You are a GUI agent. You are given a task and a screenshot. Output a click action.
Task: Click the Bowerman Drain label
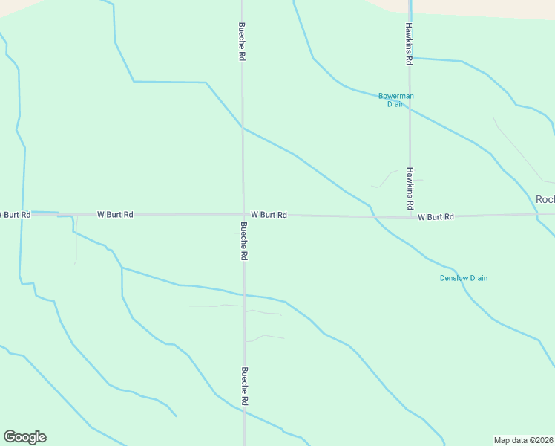tap(395, 100)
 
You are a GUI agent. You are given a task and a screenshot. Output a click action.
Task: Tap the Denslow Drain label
tap(464, 278)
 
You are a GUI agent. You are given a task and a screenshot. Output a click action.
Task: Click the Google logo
tap(24, 437)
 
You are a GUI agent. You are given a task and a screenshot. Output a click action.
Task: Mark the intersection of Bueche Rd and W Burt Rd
tap(243, 215)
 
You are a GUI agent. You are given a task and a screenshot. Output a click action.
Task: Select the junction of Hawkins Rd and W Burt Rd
tap(410, 216)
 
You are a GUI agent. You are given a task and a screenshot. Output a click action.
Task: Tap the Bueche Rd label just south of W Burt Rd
tap(243, 241)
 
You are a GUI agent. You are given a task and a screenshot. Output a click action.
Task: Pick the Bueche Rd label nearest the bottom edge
tap(244, 386)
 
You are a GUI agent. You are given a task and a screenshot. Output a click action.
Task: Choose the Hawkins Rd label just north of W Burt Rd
tap(410, 188)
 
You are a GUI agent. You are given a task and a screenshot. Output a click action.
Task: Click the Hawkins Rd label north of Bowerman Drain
tap(408, 44)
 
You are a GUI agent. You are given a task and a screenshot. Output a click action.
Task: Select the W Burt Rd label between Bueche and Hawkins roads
tap(269, 215)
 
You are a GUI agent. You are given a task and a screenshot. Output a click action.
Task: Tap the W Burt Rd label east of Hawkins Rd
tap(436, 217)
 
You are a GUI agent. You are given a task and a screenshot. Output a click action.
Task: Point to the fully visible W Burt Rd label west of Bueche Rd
tap(115, 214)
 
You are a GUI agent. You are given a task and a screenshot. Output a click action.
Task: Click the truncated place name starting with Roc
tap(545, 199)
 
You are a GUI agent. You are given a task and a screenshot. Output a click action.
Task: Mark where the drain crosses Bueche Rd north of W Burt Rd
tap(243, 128)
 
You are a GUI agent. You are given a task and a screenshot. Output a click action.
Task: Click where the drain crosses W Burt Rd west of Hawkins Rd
tap(373, 216)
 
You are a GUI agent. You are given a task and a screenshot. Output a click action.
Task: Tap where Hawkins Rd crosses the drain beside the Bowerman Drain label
tap(410, 109)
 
